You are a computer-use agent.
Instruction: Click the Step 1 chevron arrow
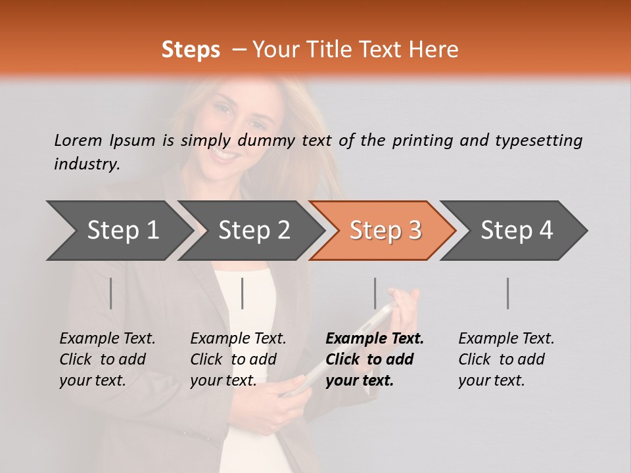coord(118,231)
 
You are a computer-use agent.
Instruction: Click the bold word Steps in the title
coord(191,49)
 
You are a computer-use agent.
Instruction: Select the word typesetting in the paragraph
coord(538,141)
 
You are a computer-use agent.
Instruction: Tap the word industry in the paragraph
coord(86,164)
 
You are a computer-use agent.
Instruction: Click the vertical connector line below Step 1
coord(111,293)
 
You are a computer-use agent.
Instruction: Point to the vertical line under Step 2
coord(243,293)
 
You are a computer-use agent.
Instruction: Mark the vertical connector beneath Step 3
coord(375,293)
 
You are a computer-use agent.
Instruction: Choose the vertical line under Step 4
coord(508,293)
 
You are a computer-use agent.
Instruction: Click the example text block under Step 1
coord(106,359)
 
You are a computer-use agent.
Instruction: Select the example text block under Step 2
coord(237,359)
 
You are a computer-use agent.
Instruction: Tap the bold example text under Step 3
coord(374,359)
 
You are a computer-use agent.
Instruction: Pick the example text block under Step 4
coord(505,359)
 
